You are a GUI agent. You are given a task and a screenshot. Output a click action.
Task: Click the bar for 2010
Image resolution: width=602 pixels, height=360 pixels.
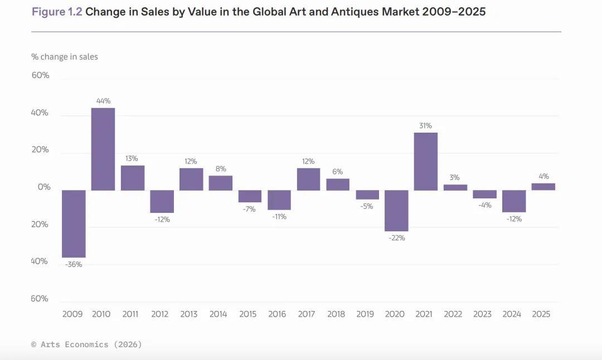pyautogui.click(x=103, y=149)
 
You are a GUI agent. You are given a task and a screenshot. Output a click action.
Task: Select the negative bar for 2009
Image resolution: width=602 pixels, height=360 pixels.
pyautogui.click(x=74, y=223)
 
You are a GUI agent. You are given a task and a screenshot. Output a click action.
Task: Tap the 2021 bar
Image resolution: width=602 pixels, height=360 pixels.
pyautogui.click(x=425, y=161)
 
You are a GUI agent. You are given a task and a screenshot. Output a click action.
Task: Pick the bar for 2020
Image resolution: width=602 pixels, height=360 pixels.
pyautogui.click(x=396, y=211)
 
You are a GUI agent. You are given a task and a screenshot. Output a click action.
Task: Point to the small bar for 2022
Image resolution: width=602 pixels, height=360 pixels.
pyautogui.click(x=455, y=187)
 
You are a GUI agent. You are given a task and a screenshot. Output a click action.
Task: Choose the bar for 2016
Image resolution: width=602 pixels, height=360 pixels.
pyautogui.click(x=279, y=200)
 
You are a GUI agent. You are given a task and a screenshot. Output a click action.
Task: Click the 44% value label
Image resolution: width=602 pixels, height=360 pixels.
pyautogui.click(x=103, y=101)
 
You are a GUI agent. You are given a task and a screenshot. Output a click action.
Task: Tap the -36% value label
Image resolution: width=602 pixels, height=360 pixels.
pyautogui.click(x=74, y=264)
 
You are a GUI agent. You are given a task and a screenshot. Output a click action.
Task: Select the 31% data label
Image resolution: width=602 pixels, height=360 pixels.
pyautogui.click(x=425, y=125)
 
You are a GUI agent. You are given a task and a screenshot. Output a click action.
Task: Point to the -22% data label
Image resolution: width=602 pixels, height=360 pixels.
pyautogui.click(x=396, y=238)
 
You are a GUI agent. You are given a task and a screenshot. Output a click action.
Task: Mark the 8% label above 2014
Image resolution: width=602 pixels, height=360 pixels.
pyautogui.click(x=220, y=169)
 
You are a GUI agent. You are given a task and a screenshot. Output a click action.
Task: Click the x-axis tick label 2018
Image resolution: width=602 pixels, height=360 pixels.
pyautogui.click(x=336, y=314)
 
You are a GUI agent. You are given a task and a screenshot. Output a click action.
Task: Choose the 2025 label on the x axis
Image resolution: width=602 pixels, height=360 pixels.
pyautogui.click(x=541, y=314)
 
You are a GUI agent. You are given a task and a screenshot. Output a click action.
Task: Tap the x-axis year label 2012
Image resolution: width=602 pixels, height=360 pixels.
pyautogui.click(x=159, y=314)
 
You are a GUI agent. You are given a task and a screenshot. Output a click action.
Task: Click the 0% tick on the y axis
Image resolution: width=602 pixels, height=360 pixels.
pyautogui.click(x=43, y=187)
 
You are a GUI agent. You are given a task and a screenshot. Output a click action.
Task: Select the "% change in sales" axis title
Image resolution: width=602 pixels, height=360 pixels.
pyautogui.click(x=64, y=57)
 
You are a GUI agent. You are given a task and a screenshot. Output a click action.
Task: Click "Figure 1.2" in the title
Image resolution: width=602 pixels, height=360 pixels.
pyautogui.click(x=57, y=12)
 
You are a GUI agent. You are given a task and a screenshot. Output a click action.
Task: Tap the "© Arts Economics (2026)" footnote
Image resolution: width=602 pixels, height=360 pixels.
pyautogui.click(x=86, y=344)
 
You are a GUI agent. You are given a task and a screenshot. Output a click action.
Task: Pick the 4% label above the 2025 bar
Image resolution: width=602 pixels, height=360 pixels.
pyautogui.click(x=543, y=176)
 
